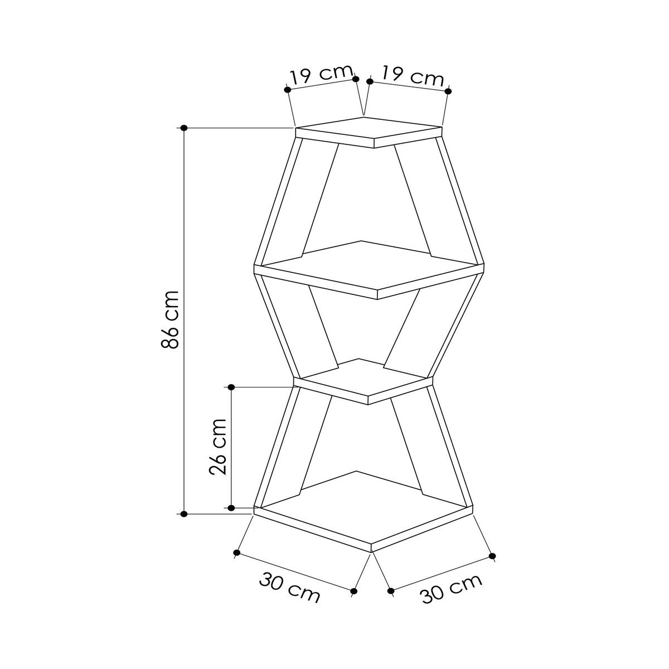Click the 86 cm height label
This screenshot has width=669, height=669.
tap(170, 319)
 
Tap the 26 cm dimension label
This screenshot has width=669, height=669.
tap(217, 446)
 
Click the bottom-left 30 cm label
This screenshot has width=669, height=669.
tap(289, 588)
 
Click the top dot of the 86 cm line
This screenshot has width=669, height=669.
tap(184, 128)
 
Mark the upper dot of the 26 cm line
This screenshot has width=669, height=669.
tap(232, 387)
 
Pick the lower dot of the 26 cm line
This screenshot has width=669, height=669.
tap(232, 507)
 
